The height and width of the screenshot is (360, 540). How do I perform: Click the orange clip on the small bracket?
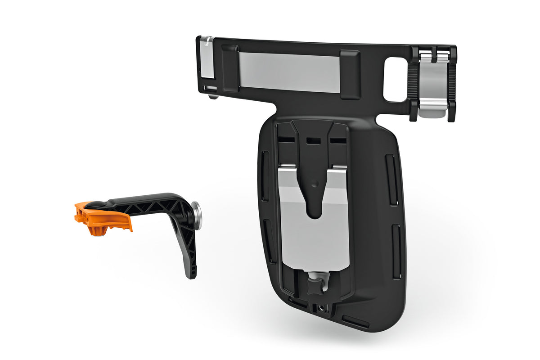tap(103, 219)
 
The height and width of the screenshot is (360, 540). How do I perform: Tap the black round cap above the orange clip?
tap(96, 204)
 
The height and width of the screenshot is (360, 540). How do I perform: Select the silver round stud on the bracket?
tap(197, 216)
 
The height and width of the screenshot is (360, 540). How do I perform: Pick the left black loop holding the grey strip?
tap(230, 67)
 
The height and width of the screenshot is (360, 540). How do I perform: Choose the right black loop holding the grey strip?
tap(350, 74)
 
